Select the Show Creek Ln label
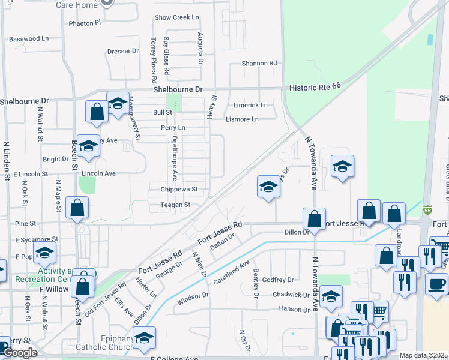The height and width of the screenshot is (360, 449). pos(176,17)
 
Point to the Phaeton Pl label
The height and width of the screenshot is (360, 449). pos(85,23)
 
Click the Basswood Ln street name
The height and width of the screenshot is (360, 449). pos(29,39)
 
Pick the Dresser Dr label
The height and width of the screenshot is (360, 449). pos(123,52)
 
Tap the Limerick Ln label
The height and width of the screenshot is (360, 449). pos(250,105)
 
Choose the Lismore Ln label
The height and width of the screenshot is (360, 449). pos(242,119)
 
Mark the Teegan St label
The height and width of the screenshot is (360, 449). pos(175,205)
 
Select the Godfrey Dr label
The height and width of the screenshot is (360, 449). pos(278,280)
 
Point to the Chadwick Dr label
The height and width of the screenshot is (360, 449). pos(291,295)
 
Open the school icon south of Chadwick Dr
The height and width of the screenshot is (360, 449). pos(330,296)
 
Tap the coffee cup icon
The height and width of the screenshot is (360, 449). pos(436,283)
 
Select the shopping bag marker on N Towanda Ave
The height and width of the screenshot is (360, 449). pos(314,218)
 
